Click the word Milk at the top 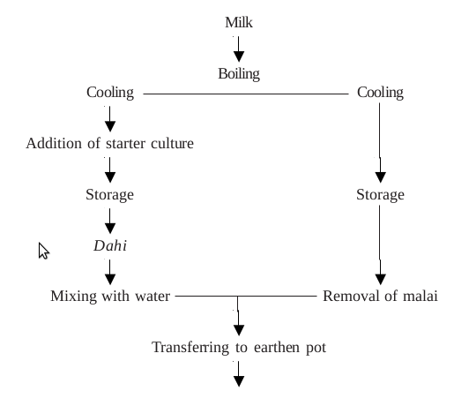tap(239, 22)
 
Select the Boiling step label tap(239, 74)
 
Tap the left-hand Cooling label tap(110, 92)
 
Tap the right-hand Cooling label tap(380, 92)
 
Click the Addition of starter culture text tap(110, 143)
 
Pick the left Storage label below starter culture tap(110, 194)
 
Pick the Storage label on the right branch tap(380, 194)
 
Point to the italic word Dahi tap(110, 245)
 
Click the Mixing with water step tap(110, 296)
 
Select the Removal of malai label tap(380, 296)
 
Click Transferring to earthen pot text tap(239, 347)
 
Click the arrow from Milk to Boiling tap(239, 49)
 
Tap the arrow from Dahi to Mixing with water tap(110, 270)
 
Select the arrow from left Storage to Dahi tap(110, 220)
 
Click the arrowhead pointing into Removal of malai tap(380, 274)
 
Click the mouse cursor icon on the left tap(43, 251)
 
